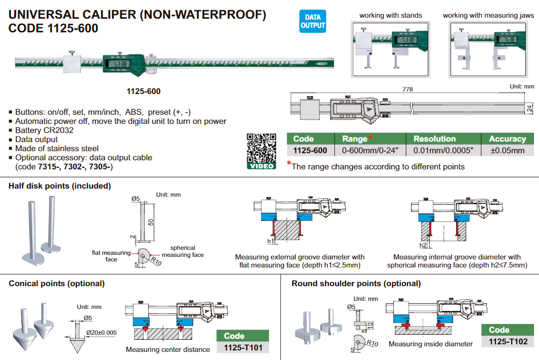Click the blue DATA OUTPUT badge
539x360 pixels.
pyautogui.click(x=312, y=21)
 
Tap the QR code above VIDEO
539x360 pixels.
pyautogui.click(x=261, y=148)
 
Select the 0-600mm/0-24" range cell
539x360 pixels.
pyautogui.click(x=370, y=150)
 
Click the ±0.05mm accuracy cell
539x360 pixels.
pyautogui.click(x=507, y=150)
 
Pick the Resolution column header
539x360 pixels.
pyautogui.click(x=434, y=139)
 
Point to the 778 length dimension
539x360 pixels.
pyautogui.click(x=408, y=89)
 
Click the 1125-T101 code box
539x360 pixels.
pyautogui.click(x=243, y=348)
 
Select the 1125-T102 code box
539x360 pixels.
pyautogui.click(x=508, y=341)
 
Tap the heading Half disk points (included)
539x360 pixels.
pyautogui.click(x=60, y=186)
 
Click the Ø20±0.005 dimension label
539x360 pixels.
pyautogui.click(x=102, y=333)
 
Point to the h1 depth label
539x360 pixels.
pyautogui.click(x=271, y=241)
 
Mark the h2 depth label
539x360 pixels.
pyautogui.click(x=423, y=245)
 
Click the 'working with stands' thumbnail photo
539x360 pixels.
pyautogui.click(x=390, y=49)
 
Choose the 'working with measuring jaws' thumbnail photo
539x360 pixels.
pyautogui.click(x=488, y=49)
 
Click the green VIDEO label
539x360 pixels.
pyautogui.click(x=261, y=166)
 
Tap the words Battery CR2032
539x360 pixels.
pyautogui.click(x=44, y=130)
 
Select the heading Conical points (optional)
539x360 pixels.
pyautogui.click(x=57, y=284)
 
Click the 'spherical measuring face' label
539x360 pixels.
pyautogui.click(x=183, y=251)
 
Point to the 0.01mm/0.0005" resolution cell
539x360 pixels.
pyautogui.click(x=443, y=150)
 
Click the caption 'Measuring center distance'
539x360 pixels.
pyautogui.click(x=168, y=349)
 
